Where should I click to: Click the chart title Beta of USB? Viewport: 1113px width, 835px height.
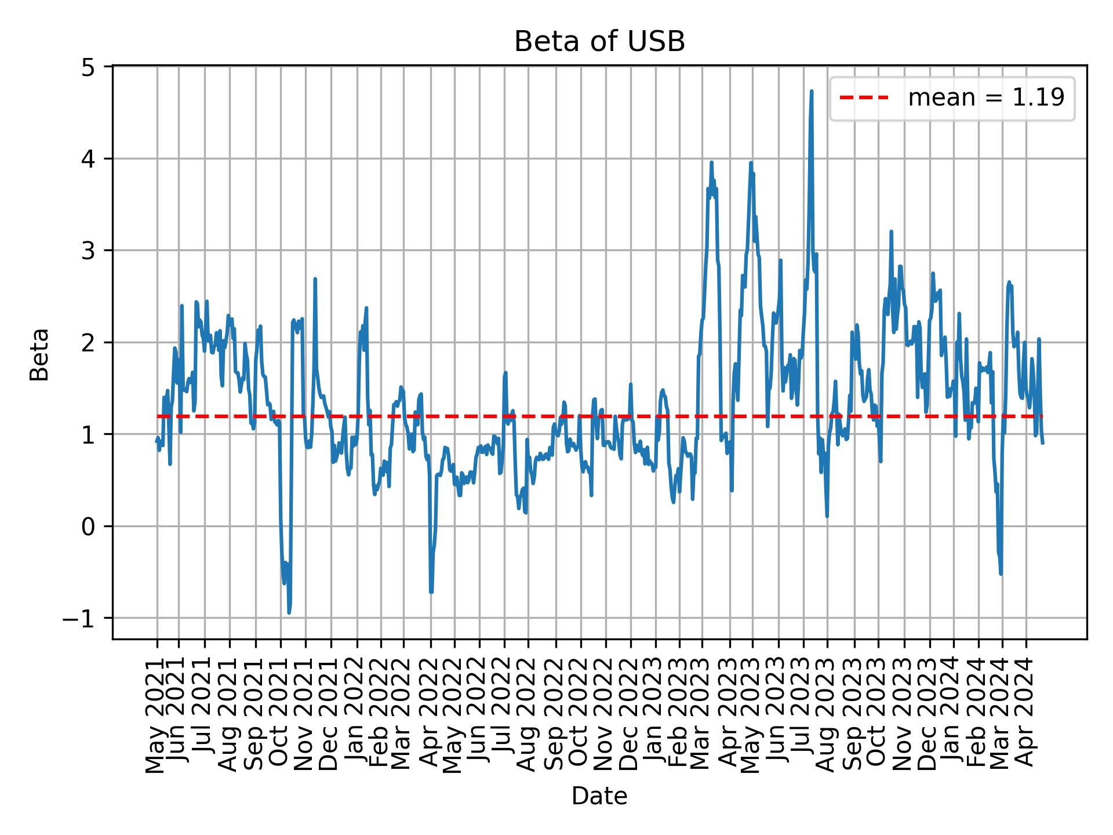coord(599,42)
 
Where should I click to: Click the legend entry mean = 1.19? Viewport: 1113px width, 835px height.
coord(985,98)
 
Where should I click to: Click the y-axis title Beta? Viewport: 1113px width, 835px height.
coord(39,354)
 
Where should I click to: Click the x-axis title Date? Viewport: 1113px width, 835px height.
coord(599,796)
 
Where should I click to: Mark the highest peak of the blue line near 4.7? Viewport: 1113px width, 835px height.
coord(812,91)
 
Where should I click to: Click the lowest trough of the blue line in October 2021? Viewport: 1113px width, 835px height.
coord(289,612)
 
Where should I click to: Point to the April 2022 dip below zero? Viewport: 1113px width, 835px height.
coord(431,591)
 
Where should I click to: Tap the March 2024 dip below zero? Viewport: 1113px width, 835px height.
coord(1001,573)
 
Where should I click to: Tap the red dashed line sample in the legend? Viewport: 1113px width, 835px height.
coord(864,98)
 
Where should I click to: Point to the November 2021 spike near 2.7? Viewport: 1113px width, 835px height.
coord(315,279)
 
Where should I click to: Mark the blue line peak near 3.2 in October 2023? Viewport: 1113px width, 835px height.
coord(891,231)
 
